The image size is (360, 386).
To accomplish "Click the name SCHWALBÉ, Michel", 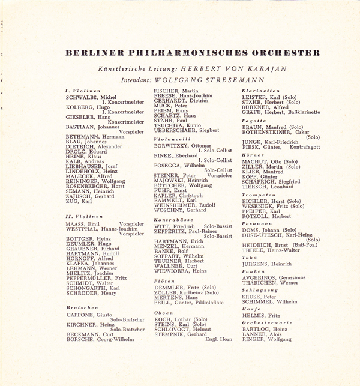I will coord(91,97).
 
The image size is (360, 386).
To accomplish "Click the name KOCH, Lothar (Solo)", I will coord(182,319).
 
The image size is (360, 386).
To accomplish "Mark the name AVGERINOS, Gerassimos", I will coord(273,277).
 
